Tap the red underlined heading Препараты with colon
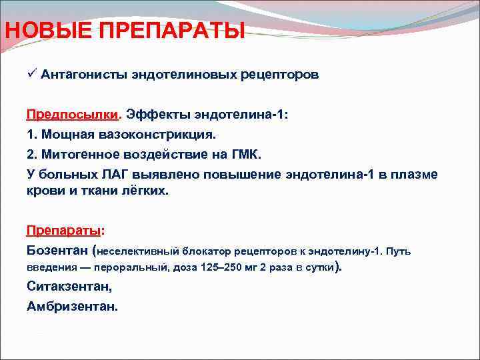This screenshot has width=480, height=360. tap(65, 230)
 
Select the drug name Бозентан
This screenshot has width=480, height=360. tap(59, 251)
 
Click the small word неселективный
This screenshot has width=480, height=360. tap(139, 252)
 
